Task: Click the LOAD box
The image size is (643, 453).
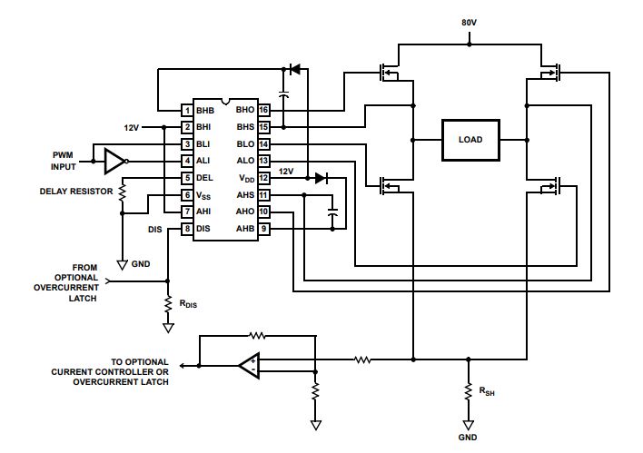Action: (x=470, y=140)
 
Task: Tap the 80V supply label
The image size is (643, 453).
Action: (x=470, y=23)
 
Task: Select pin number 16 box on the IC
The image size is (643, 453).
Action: (x=263, y=110)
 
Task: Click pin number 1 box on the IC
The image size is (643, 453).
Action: (x=187, y=110)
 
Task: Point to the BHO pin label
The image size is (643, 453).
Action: (x=245, y=110)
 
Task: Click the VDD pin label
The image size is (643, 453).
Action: (x=247, y=178)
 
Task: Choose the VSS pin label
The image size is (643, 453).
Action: (x=203, y=195)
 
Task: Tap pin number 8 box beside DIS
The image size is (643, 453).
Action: (x=187, y=229)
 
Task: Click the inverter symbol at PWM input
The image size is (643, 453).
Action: (x=116, y=161)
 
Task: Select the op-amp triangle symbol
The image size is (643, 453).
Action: (x=250, y=365)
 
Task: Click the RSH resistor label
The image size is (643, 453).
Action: (x=487, y=391)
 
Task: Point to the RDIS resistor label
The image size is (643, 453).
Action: (x=188, y=304)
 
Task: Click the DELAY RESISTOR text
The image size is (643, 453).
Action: (x=76, y=192)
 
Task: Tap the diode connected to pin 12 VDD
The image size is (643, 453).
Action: (x=321, y=178)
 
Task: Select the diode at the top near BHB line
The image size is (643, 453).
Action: (x=294, y=69)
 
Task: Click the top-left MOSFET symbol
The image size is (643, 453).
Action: (x=389, y=72)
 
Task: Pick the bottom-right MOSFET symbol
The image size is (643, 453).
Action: (x=550, y=186)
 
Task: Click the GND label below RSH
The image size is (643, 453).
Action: (x=468, y=438)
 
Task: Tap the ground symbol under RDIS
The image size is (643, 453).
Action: (x=168, y=328)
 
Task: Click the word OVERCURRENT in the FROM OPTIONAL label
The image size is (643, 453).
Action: (x=66, y=288)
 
